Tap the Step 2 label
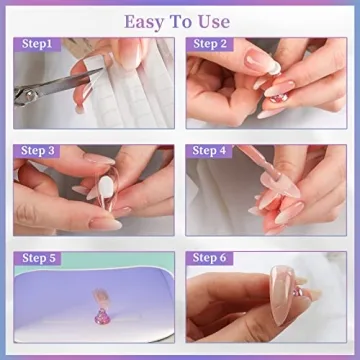(211, 45)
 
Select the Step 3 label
(39, 151)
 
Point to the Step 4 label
(211, 151)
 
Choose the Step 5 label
(39, 259)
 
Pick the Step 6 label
(211, 259)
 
